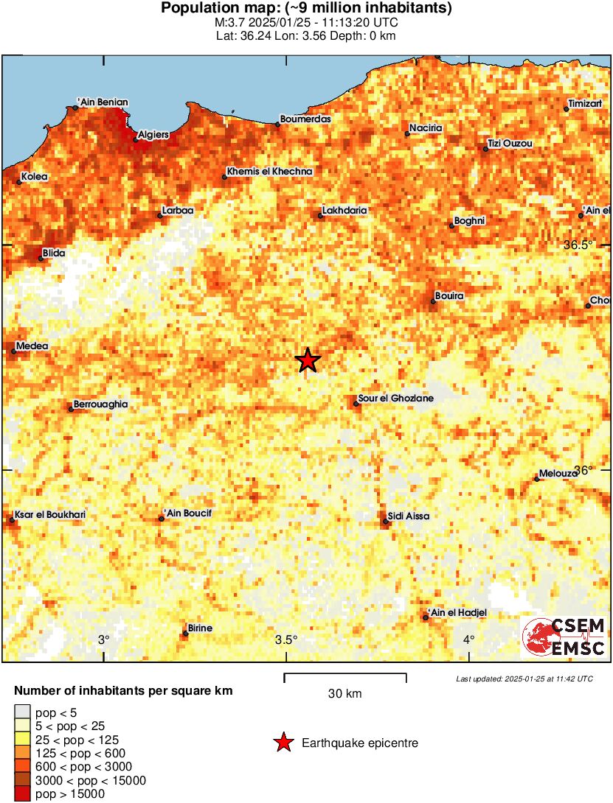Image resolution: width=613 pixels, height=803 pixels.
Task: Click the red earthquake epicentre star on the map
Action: [308, 360]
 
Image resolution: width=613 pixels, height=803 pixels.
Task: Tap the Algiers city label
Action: [153, 135]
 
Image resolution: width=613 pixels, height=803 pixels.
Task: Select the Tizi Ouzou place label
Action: [510, 143]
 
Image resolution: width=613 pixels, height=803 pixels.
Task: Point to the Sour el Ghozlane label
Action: [395, 399]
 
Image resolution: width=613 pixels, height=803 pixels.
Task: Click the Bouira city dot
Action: [433, 301]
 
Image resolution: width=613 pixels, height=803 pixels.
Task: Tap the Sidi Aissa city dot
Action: [386, 522]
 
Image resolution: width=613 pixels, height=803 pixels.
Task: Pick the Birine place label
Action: [200, 628]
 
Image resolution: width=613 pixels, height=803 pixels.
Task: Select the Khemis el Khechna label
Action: [270, 171]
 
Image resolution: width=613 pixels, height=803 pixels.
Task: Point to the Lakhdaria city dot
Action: [320, 216]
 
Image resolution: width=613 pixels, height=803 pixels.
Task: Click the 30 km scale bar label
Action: [344, 694]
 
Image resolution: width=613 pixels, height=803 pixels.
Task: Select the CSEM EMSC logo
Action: [564, 637]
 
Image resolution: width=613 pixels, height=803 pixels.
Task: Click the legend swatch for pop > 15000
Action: [23, 793]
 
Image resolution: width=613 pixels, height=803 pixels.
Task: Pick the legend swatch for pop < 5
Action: [23, 712]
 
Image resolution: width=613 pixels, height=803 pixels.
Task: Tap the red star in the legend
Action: [283, 743]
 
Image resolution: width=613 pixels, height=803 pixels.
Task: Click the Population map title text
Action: [306, 9]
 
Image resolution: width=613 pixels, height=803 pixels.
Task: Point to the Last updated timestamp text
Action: [524, 678]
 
